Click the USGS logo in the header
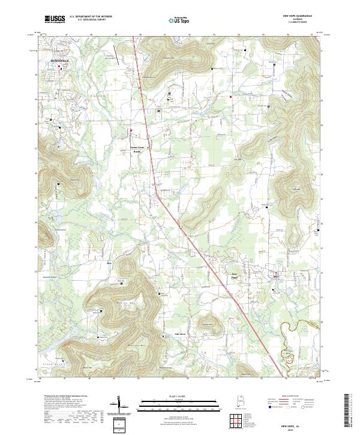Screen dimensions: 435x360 53,19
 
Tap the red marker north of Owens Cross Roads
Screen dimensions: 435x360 133,130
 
